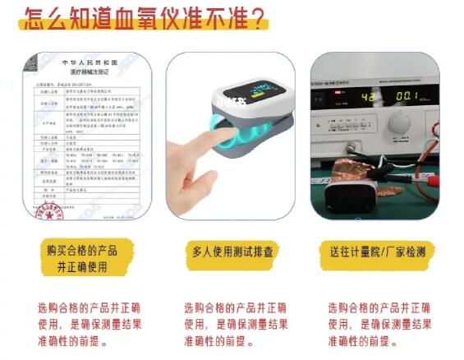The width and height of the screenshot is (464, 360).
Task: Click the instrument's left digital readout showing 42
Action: tap(347, 95)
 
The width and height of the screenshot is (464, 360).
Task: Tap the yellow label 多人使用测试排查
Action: tap(233, 252)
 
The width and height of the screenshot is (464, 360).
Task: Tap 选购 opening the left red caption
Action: tap(48, 307)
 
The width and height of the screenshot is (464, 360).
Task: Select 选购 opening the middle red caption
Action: tap(195, 307)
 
